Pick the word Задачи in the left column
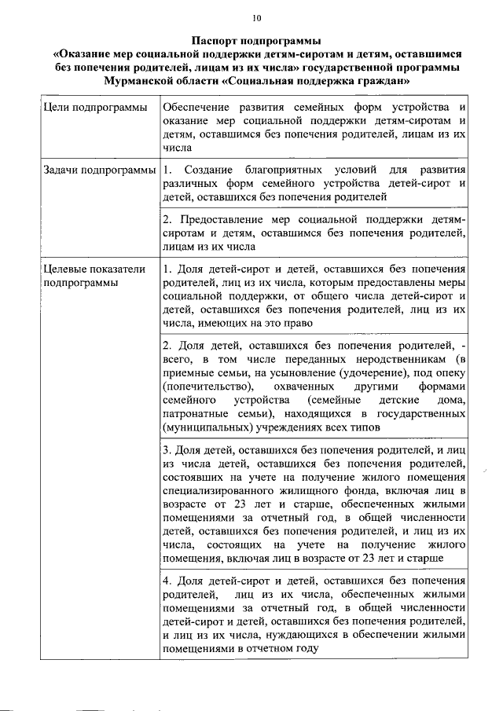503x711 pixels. point(60,170)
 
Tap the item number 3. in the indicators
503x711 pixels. point(167,451)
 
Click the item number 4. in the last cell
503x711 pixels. point(167,581)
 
